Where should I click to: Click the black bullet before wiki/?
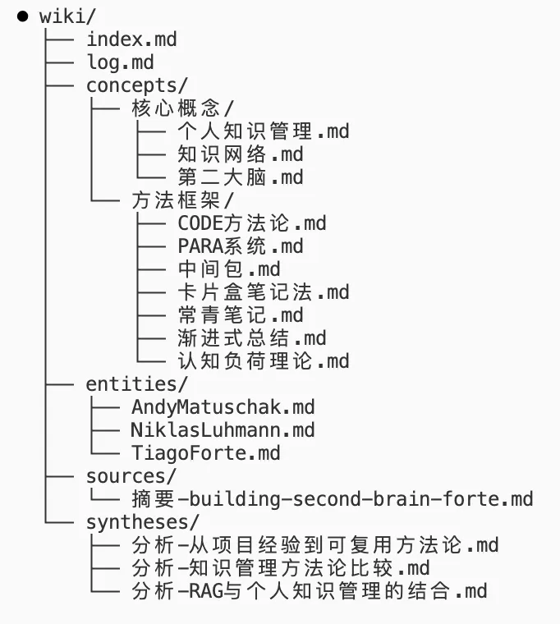[x=22, y=16]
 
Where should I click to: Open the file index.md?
[x=131, y=39]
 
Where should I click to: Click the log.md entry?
[x=120, y=62]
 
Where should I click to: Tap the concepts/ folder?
[x=136, y=85]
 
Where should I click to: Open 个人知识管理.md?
[x=263, y=131]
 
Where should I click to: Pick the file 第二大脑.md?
[x=240, y=177]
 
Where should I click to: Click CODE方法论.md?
[x=251, y=223]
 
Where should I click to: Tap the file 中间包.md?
[x=228, y=269]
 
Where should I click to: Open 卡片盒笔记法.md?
[x=263, y=292]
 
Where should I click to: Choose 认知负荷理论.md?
[x=263, y=361]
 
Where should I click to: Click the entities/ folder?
[x=136, y=384]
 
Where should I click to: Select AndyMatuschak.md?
[x=223, y=407]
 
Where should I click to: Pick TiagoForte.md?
[x=205, y=453]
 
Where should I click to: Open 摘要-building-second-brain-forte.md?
[x=332, y=499]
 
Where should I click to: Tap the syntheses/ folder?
[x=142, y=522]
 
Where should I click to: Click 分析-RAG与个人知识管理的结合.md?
[x=309, y=591]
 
